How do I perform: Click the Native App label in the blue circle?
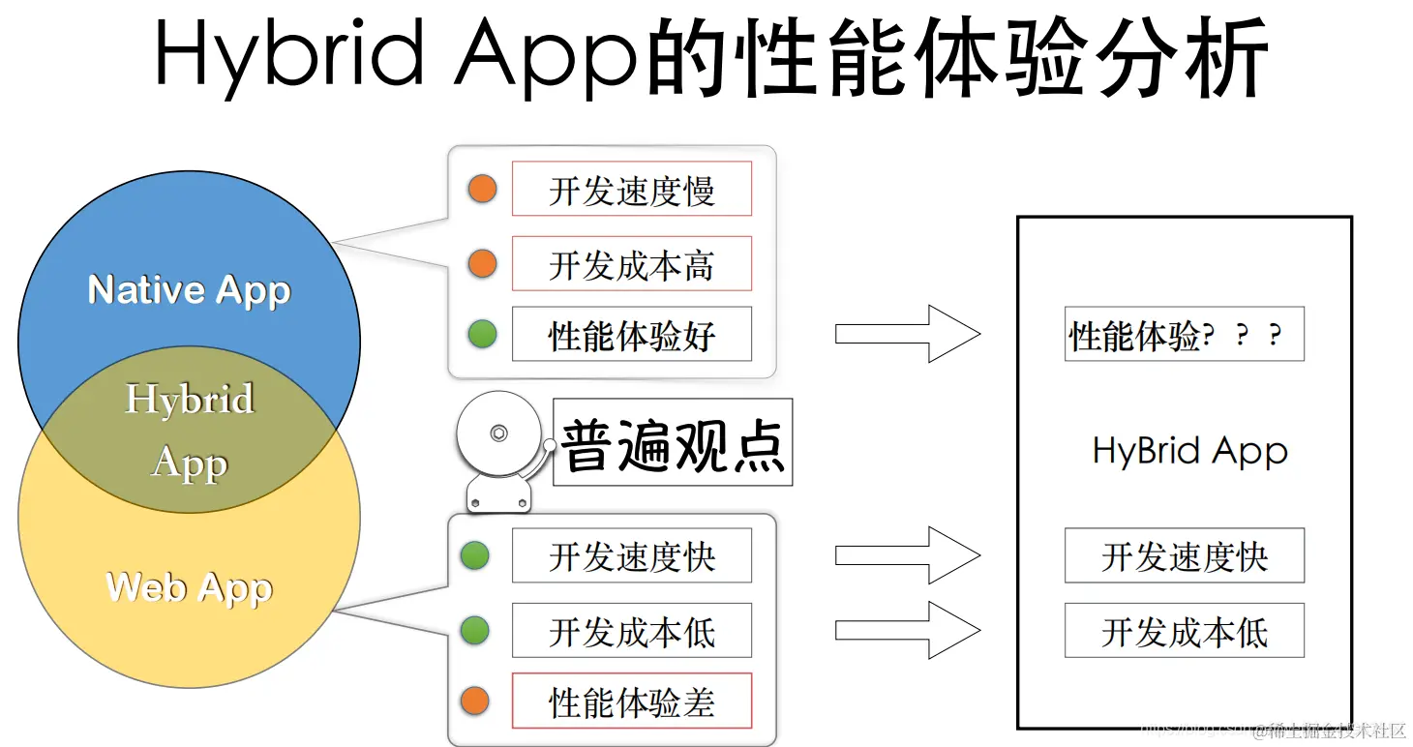189,290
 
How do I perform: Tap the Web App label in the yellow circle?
189,587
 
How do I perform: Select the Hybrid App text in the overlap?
190,431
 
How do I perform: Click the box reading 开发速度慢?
631,189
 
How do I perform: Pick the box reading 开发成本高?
631,263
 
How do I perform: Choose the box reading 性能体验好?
631,335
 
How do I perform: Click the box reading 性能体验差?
631,701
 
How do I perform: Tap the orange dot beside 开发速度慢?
482,189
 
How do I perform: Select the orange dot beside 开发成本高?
482,263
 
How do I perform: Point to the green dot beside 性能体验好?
482,335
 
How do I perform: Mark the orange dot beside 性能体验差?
474,701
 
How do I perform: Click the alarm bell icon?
499,447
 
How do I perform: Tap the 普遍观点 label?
673,443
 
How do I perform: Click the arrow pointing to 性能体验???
907,334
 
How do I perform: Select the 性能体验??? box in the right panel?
1184,335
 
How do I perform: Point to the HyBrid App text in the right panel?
1189,452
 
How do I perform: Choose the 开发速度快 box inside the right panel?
1184,555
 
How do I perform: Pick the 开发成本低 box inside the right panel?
1184,631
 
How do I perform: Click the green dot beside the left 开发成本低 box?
474,631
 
